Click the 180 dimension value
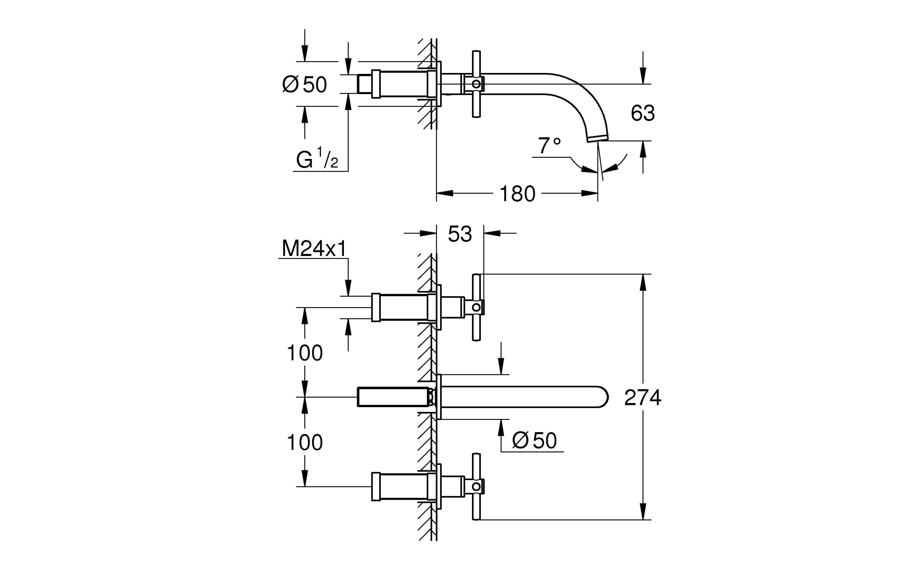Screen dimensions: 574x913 (517, 194)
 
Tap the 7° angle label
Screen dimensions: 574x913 (549, 146)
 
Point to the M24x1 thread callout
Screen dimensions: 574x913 (314, 249)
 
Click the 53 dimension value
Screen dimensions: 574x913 (460, 234)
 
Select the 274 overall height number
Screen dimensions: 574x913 (643, 397)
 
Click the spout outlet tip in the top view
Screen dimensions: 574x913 (597, 139)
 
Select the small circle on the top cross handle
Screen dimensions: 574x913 (476, 84)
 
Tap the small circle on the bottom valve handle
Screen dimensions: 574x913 (476, 486)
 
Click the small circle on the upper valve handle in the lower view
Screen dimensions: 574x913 (476, 307)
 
